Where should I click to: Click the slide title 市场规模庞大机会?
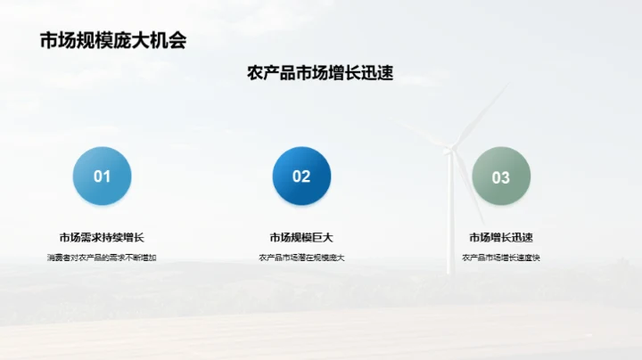[113, 40]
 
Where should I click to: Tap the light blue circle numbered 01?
[102, 176]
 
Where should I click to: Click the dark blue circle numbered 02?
[301, 176]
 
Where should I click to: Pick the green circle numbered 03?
[501, 176]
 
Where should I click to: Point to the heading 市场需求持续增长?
[102, 237]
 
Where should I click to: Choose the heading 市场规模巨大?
[301, 237]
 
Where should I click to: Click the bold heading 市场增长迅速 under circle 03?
[501, 237]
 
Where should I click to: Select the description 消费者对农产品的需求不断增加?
[102, 258]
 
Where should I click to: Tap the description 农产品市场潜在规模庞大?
[301, 258]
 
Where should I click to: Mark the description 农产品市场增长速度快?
[501, 258]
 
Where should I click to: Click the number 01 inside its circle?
[102, 176]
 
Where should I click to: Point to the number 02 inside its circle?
[301, 176]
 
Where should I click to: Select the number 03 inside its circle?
[501, 177]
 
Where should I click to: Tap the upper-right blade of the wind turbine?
[481, 116]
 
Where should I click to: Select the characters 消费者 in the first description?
[57, 258]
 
